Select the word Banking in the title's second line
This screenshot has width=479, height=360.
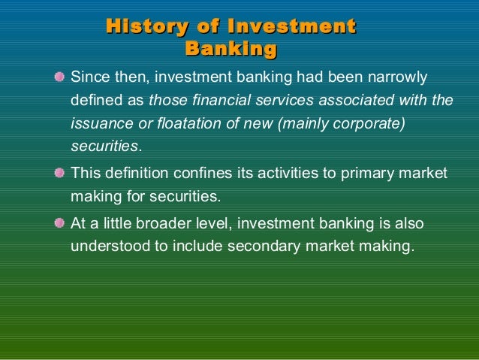click(x=230, y=50)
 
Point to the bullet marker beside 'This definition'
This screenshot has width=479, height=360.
click(x=59, y=174)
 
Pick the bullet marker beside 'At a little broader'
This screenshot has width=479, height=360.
click(x=59, y=224)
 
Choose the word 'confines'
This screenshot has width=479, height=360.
click(x=196, y=173)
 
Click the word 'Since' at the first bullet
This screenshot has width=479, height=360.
click(x=87, y=77)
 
